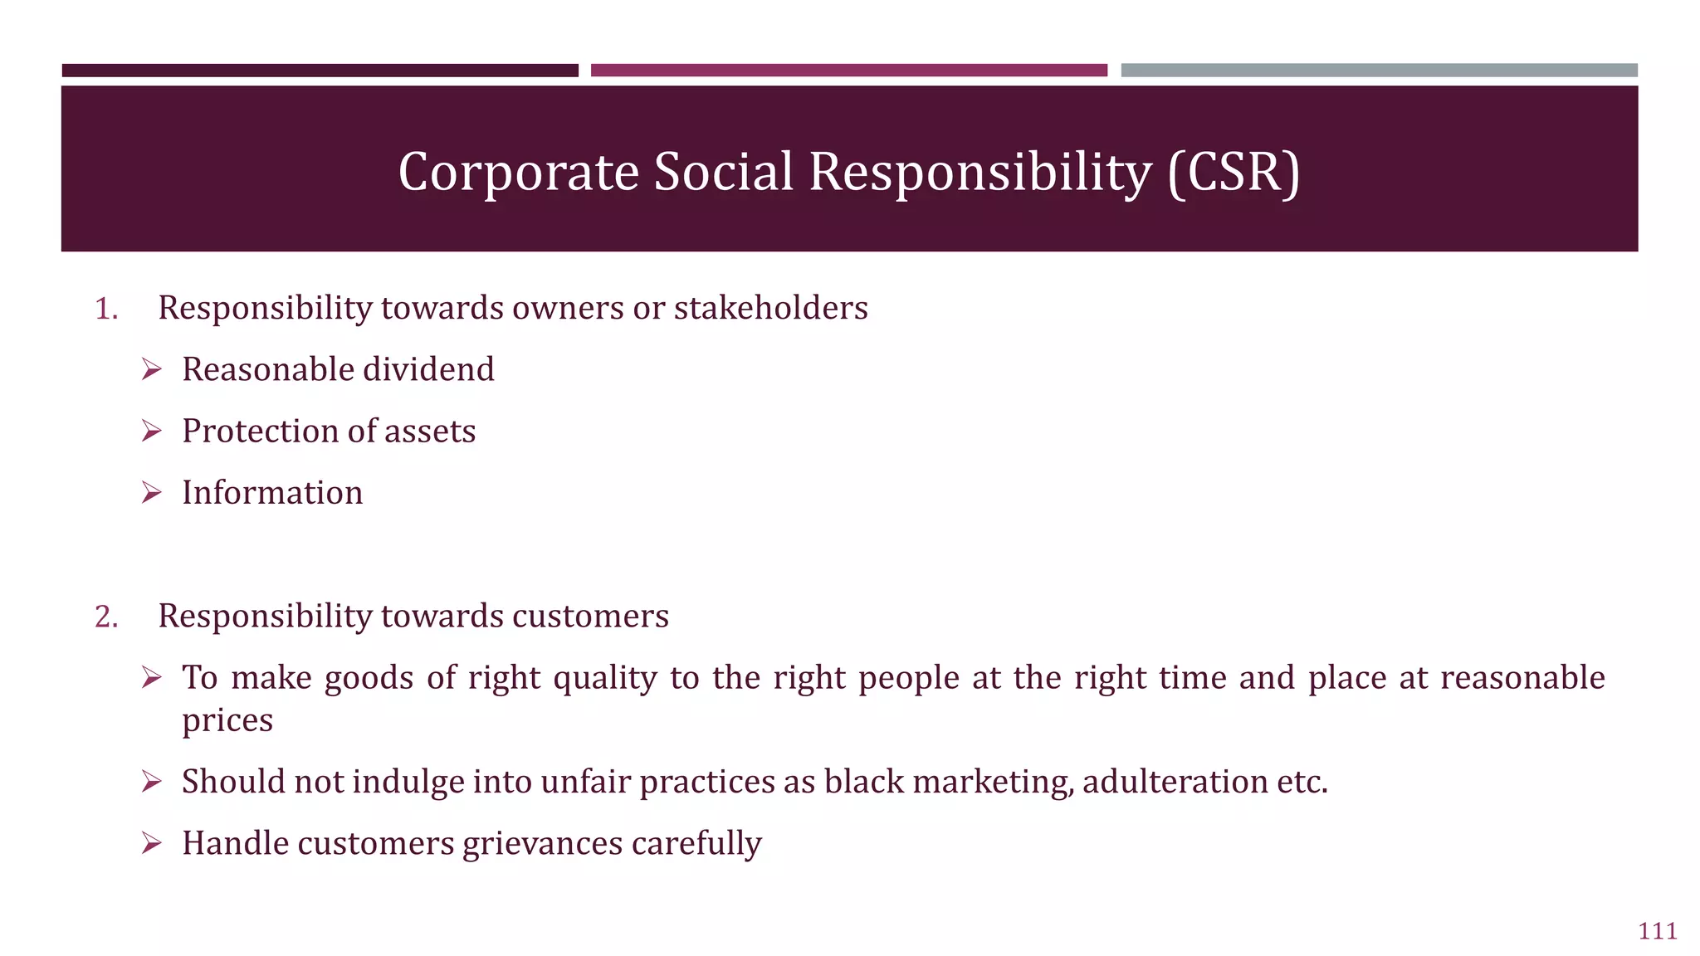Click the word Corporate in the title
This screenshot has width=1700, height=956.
click(x=518, y=172)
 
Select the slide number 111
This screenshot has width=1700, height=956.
click(x=1658, y=931)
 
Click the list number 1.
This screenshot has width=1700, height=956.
click(x=106, y=309)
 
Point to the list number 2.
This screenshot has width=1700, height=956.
click(x=106, y=617)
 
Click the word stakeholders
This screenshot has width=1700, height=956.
click(x=770, y=308)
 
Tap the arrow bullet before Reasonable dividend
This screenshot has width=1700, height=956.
click(x=151, y=369)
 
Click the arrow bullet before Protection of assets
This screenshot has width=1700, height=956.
click(x=151, y=431)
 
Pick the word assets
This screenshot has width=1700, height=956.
click(x=430, y=432)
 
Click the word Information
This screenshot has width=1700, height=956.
click(x=272, y=493)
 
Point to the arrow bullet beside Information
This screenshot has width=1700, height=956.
click(x=151, y=493)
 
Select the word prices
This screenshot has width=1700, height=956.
click(x=227, y=720)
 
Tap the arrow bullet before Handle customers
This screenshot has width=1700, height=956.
click(x=151, y=843)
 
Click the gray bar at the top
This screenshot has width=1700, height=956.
click(x=1379, y=71)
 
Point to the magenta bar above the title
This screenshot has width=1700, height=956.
click(x=848, y=71)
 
